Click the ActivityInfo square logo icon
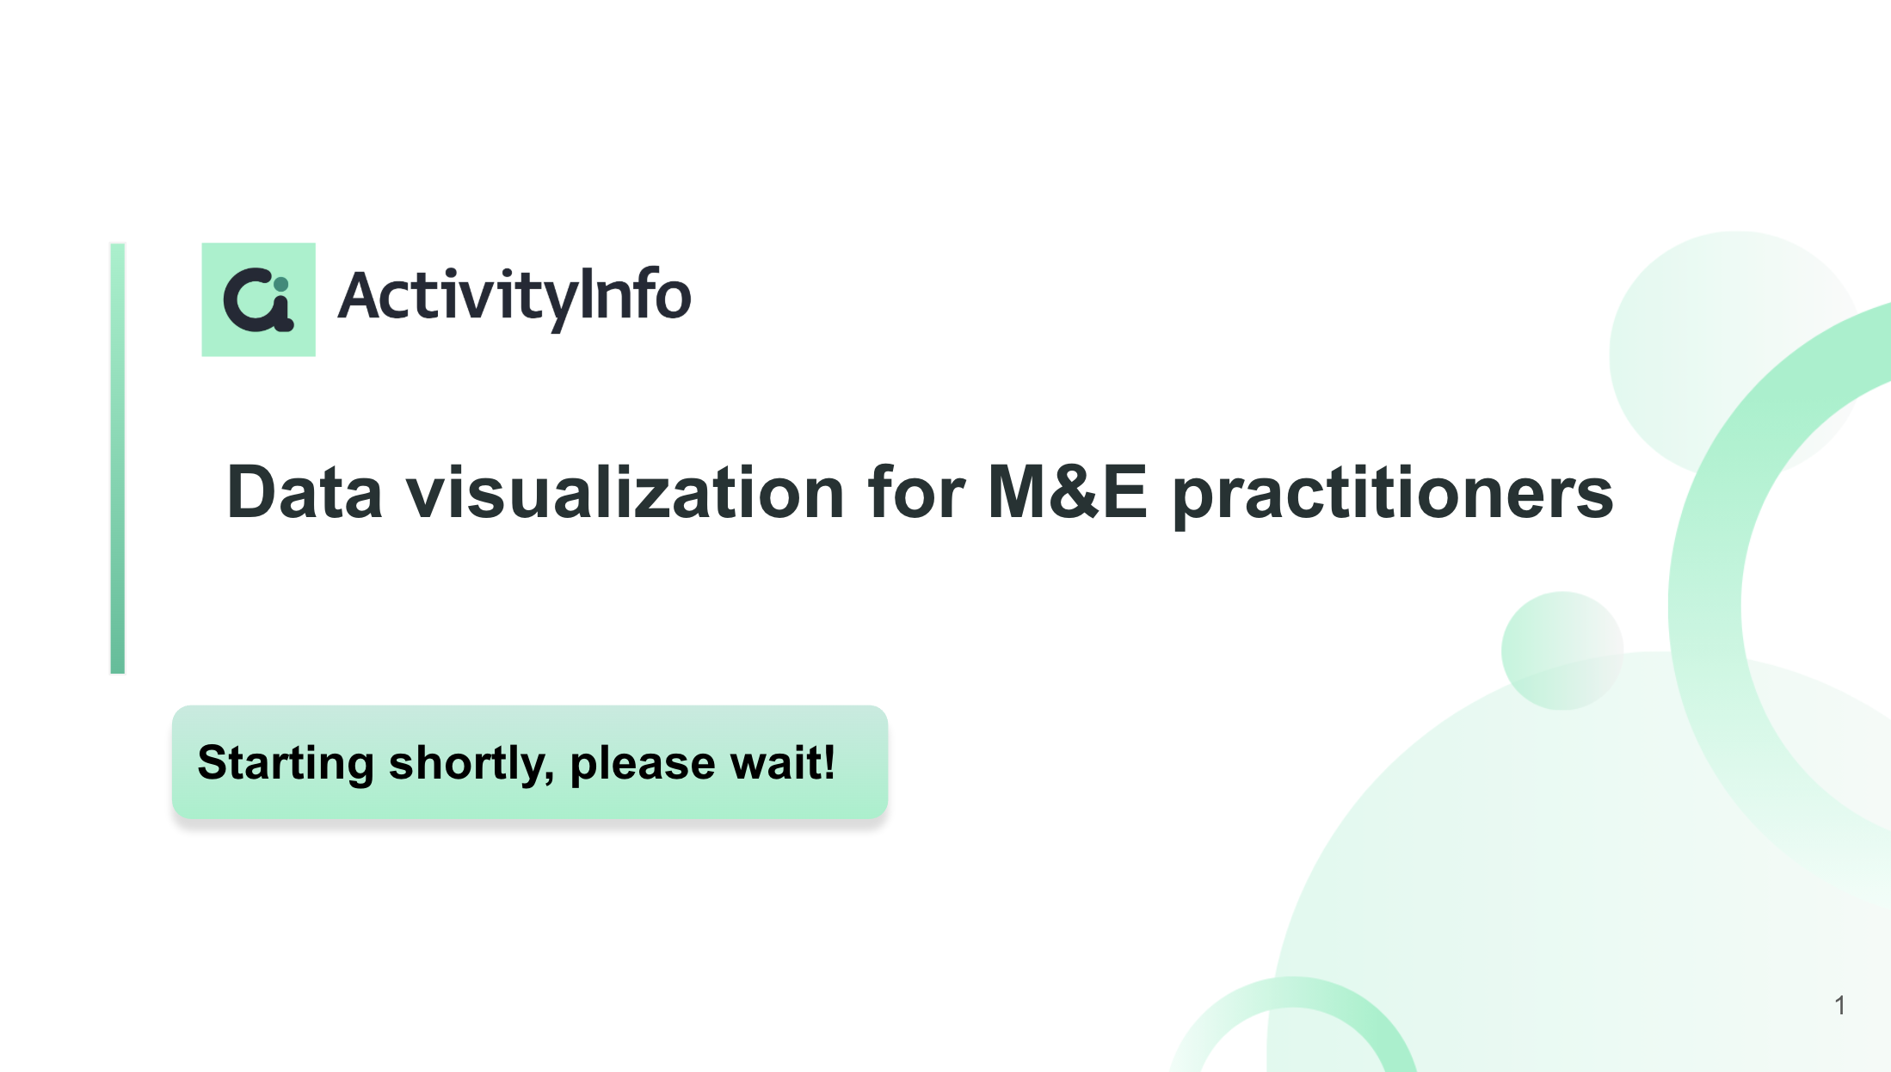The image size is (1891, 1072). (258, 299)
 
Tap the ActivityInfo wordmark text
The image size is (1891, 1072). (514, 297)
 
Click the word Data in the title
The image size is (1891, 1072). (304, 492)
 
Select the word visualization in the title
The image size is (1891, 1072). (625, 492)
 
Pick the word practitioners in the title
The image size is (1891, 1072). (1393, 495)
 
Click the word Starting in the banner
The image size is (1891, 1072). (286, 764)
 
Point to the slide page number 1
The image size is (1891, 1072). (1839, 1005)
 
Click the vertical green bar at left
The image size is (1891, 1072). (118, 459)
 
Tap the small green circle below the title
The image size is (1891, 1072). (1561, 650)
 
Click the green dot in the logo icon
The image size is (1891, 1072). (280, 284)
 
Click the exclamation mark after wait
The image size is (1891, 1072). (828, 762)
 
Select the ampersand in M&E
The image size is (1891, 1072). (1075, 491)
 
